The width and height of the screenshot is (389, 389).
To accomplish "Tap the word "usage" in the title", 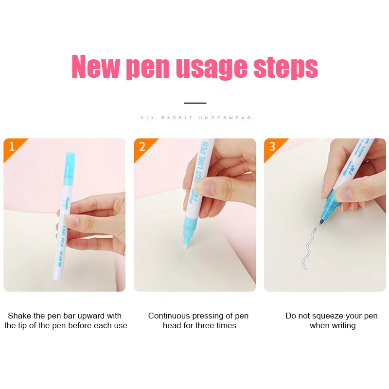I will click(212, 68).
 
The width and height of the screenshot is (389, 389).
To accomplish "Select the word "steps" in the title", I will click(285, 68).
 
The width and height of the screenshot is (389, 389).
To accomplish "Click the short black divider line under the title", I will click(195, 103).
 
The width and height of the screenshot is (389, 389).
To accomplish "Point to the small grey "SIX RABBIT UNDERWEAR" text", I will click(195, 118).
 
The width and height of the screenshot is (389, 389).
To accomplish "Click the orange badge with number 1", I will click(12, 146).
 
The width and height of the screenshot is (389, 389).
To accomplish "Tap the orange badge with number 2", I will click(142, 146).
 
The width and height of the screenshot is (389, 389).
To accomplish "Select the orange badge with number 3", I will click(272, 146).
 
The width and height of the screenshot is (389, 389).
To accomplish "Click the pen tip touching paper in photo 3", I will click(321, 223).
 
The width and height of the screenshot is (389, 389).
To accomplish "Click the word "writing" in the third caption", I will click(343, 325).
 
